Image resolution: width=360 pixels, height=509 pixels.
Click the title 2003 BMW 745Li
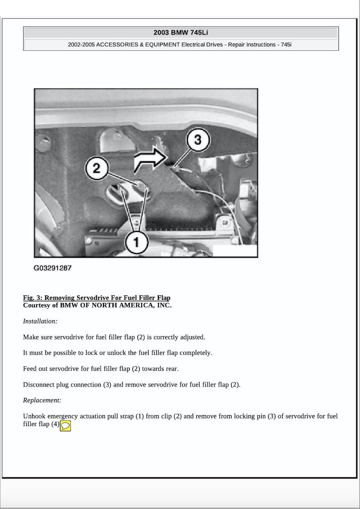(181, 33)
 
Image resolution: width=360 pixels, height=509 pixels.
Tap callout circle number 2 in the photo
(96, 169)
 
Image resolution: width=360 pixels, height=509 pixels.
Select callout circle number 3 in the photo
(197, 140)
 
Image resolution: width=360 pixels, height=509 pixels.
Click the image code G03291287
(53, 268)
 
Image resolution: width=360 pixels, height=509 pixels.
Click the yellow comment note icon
(65, 426)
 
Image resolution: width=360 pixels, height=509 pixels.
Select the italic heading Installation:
(40, 321)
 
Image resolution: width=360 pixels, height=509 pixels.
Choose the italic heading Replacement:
(42, 401)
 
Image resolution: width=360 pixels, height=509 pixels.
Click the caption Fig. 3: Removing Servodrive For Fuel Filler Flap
(97, 298)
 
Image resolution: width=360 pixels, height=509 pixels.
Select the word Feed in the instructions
(29, 369)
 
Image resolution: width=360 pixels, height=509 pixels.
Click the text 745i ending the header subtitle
(287, 45)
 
